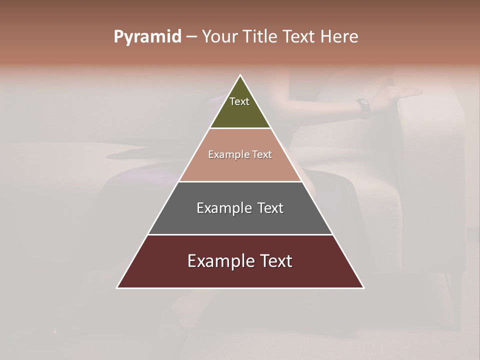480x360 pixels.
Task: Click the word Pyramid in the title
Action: (x=147, y=37)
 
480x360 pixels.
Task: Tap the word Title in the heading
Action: (x=261, y=37)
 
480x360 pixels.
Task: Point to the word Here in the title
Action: (x=339, y=37)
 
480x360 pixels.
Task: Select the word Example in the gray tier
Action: (x=224, y=208)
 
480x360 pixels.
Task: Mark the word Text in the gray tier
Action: (x=270, y=208)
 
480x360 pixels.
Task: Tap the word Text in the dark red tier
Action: (x=276, y=261)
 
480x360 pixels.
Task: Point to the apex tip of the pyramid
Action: (x=240, y=76)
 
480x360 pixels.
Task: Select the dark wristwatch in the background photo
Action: (x=363, y=107)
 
